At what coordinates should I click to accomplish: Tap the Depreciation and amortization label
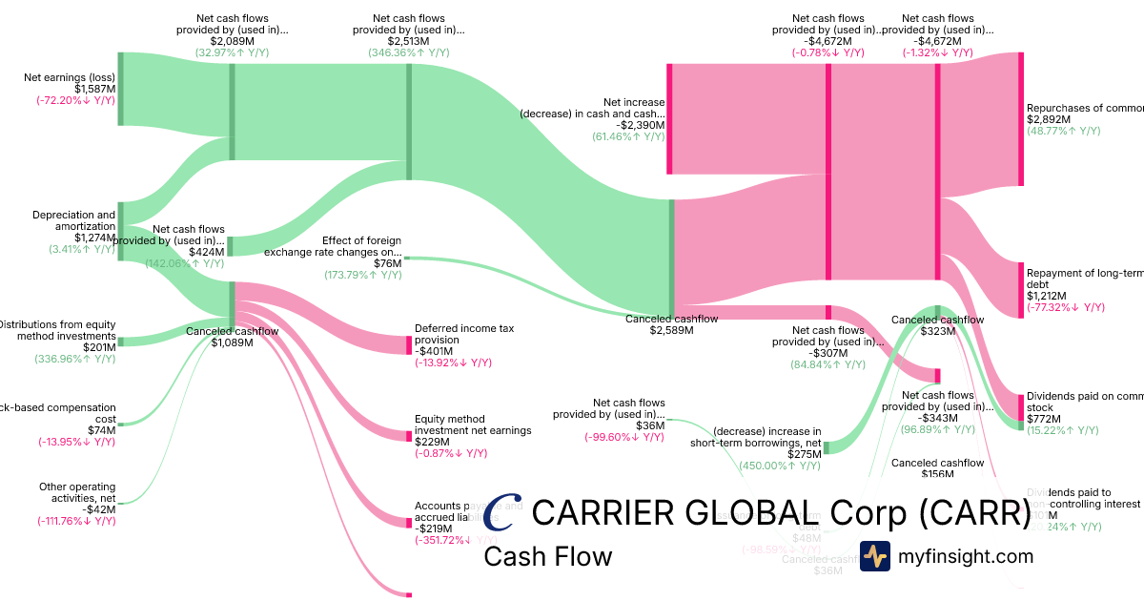coord(73,220)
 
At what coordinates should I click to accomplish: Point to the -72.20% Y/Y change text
coord(75,100)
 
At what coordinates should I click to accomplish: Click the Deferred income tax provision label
coord(464,334)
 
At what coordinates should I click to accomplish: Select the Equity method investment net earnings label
coord(473,425)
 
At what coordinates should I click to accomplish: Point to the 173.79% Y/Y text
coord(362,275)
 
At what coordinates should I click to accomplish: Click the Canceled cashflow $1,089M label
coord(232,337)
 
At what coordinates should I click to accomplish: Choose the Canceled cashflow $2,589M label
coord(671,324)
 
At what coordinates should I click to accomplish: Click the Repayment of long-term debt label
coord(1084,278)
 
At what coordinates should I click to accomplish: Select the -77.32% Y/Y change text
coord(1065,307)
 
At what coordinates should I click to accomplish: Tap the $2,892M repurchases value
coord(1048,120)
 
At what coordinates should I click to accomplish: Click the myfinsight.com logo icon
coord(874,556)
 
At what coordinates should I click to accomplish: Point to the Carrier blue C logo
coord(503,512)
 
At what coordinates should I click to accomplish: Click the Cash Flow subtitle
coord(547,556)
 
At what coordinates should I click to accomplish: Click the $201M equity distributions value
coord(99,347)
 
